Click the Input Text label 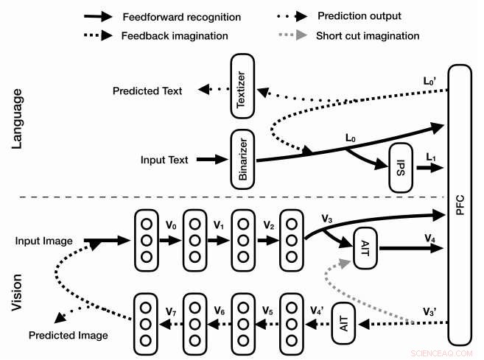click(x=164, y=160)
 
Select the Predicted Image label click(x=69, y=335)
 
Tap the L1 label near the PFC click(x=431, y=158)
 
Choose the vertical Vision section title click(x=19, y=292)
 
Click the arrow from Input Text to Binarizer click(x=214, y=160)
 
